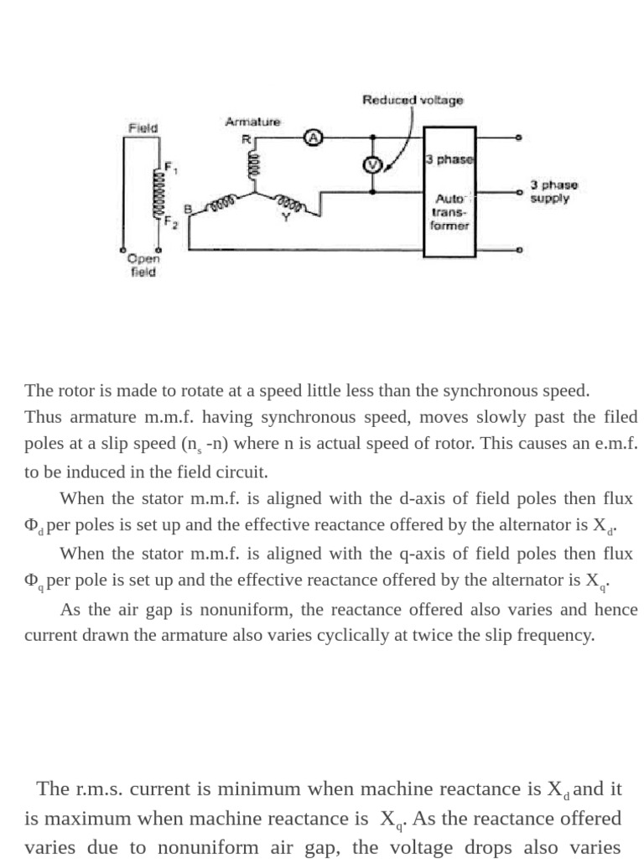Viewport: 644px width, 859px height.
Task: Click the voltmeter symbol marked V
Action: (371, 165)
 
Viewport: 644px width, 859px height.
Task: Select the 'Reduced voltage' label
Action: (413, 100)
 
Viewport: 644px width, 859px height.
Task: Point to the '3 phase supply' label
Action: (553, 192)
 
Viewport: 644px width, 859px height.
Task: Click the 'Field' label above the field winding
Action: (143, 128)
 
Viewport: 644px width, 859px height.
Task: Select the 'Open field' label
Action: (143, 266)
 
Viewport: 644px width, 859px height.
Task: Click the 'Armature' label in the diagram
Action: (252, 122)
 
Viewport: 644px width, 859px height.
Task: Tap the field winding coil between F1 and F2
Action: (156, 194)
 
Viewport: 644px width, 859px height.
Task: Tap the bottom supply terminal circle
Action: (520, 250)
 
